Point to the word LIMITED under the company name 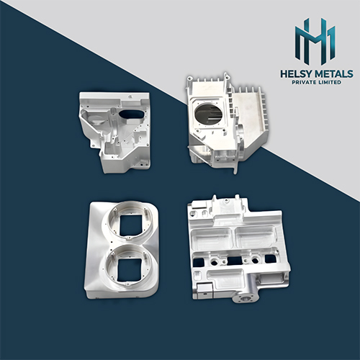pos(330,84)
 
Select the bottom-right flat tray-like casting pos(238,248)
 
